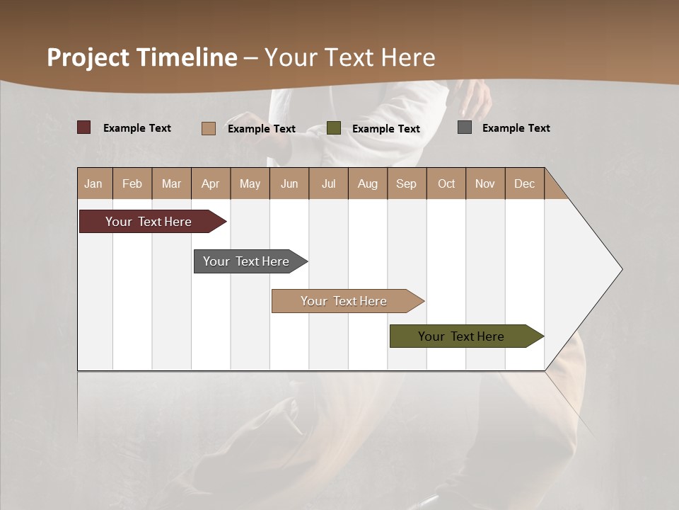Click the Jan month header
coord(94,183)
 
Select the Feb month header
coord(132,183)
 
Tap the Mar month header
coord(171,183)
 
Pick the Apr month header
coord(211,183)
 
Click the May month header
coord(250,183)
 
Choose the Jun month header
coord(289,183)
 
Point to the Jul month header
coord(328,183)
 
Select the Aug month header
coord(368,183)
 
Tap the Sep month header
coord(407,183)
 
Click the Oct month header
coord(446,183)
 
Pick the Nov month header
coord(485,183)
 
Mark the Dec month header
coord(525,183)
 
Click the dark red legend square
coord(84,127)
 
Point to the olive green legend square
coord(334,127)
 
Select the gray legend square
coord(465,127)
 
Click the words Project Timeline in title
coord(142,57)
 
